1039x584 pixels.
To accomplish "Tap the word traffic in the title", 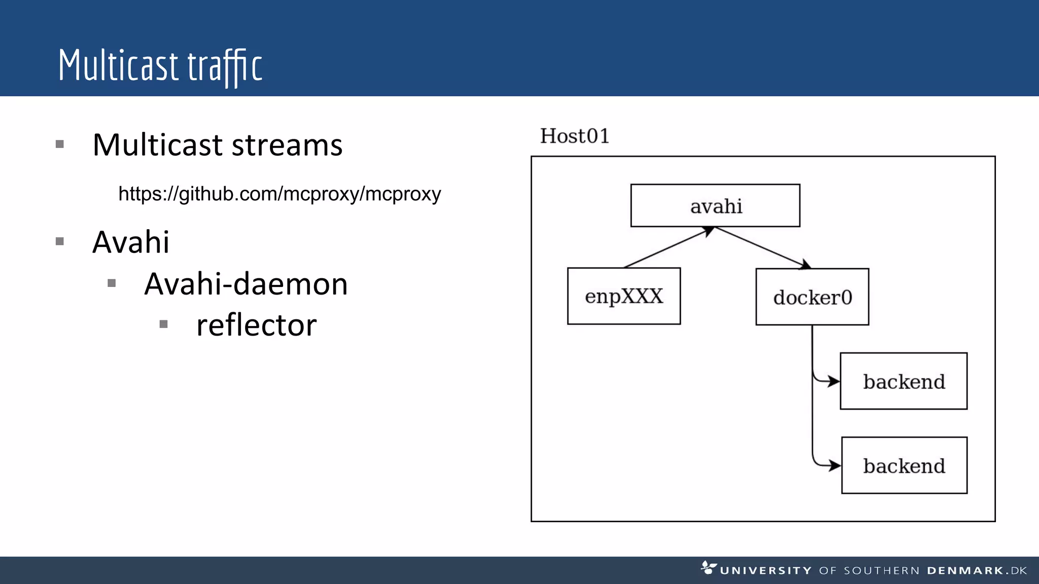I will click(x=225, y=66).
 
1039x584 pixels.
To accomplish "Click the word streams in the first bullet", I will click(x=287, y=145).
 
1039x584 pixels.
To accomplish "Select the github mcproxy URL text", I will click(x=280, y=194).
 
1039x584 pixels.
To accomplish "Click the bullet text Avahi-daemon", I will click(x=246, y=283).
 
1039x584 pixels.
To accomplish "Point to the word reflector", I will click(x=256, y=325).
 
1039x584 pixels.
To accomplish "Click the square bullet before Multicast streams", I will click(x=60, y=144).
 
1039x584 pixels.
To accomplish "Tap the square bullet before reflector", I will click(x=163, y=324).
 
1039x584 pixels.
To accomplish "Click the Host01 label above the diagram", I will click(x=574, y=136).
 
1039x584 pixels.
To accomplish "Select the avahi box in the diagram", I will click(x=715, y=205).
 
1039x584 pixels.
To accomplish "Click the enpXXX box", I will click(x=624, y=296).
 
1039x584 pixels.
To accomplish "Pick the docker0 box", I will click(x=812, y=297).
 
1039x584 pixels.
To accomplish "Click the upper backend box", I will click(x=904, y=381).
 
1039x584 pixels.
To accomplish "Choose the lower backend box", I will click(x=904, y=465).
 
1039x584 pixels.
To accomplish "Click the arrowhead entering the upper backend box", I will click(x=834, y=381).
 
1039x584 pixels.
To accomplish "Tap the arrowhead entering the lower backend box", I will click(x=835, y=465).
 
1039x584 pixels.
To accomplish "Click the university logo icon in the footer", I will click(x=708, y=567).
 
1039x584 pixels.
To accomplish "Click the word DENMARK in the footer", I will click(x=965, y=571).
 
